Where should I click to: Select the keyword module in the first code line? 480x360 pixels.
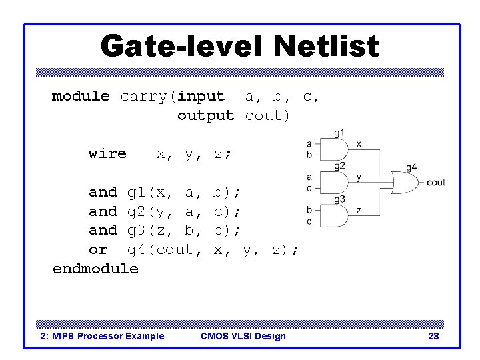(81, 96)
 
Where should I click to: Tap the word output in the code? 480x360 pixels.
(205, 115)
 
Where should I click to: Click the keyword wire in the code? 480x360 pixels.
(107, 153)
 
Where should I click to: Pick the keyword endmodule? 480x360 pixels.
(95, 269)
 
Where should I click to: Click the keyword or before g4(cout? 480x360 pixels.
(98, 249)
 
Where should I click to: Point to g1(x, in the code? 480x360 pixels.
(150, 193)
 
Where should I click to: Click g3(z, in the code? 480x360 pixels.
(150, 231)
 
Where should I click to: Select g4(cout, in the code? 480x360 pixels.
(164, 249)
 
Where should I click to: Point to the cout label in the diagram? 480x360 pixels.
(436, 183)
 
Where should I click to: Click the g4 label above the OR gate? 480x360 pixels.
(411, 167)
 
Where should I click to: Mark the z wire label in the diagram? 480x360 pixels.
(359, 209)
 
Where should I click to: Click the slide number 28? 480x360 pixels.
(433, 336)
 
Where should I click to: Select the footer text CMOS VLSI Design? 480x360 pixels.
(243, 336)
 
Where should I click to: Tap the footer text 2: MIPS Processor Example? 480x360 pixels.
(102, 336)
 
